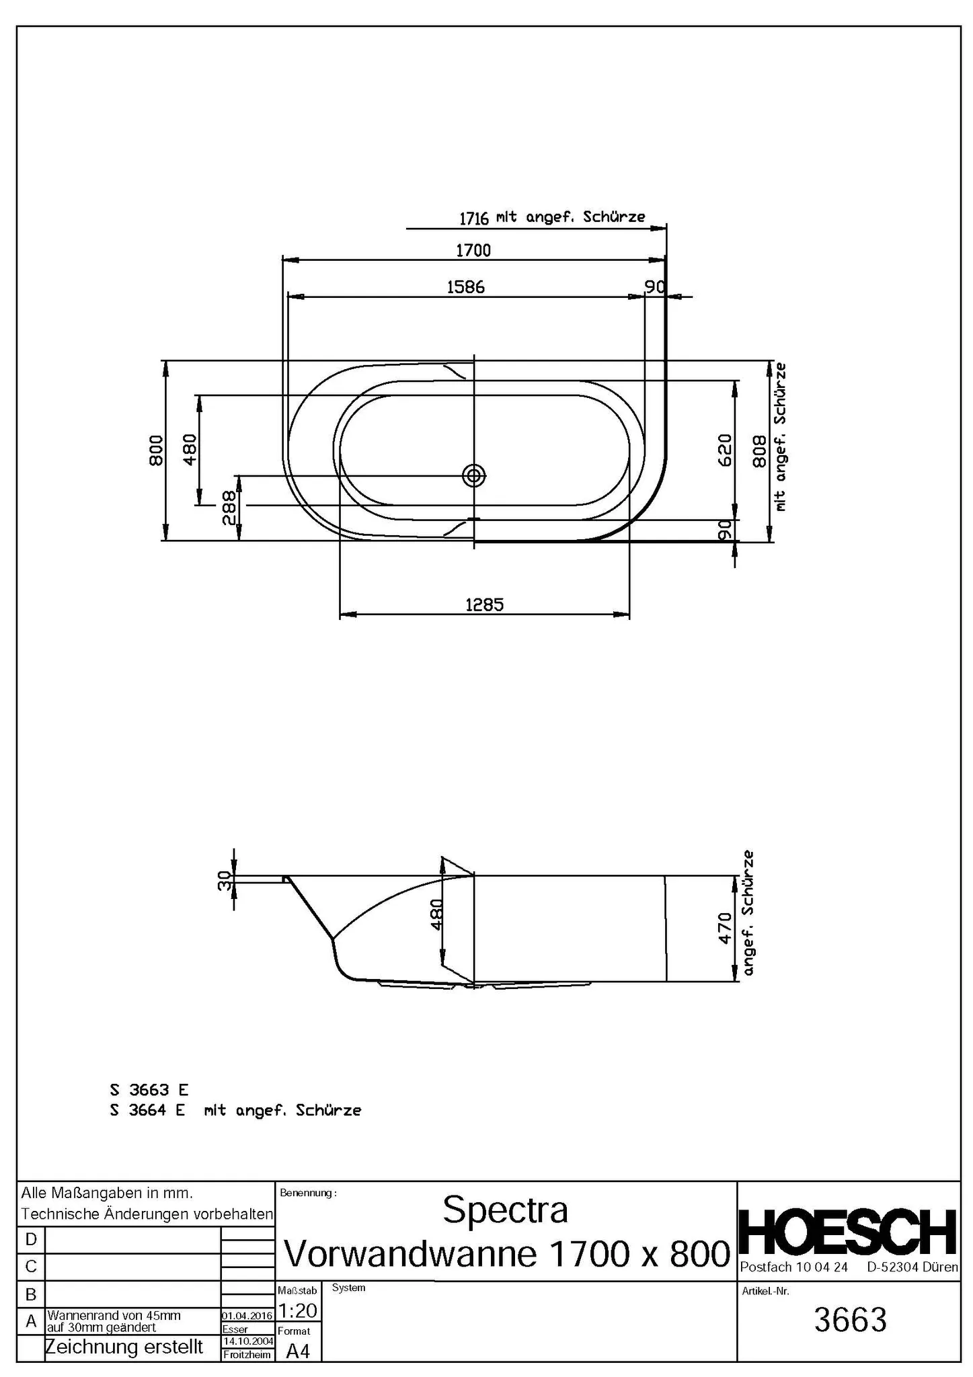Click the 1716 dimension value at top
473,219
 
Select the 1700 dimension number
473,251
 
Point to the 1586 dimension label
465,287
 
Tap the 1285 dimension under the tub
484,604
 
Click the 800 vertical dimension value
156,450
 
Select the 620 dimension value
724,451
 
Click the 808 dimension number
759,451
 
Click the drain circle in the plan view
474,475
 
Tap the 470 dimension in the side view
725,928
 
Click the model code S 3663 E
149,1089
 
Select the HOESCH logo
849,1232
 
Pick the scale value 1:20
297,1310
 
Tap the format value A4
297,1351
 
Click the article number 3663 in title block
850,1320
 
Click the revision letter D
31,1238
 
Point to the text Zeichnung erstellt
124,1347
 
